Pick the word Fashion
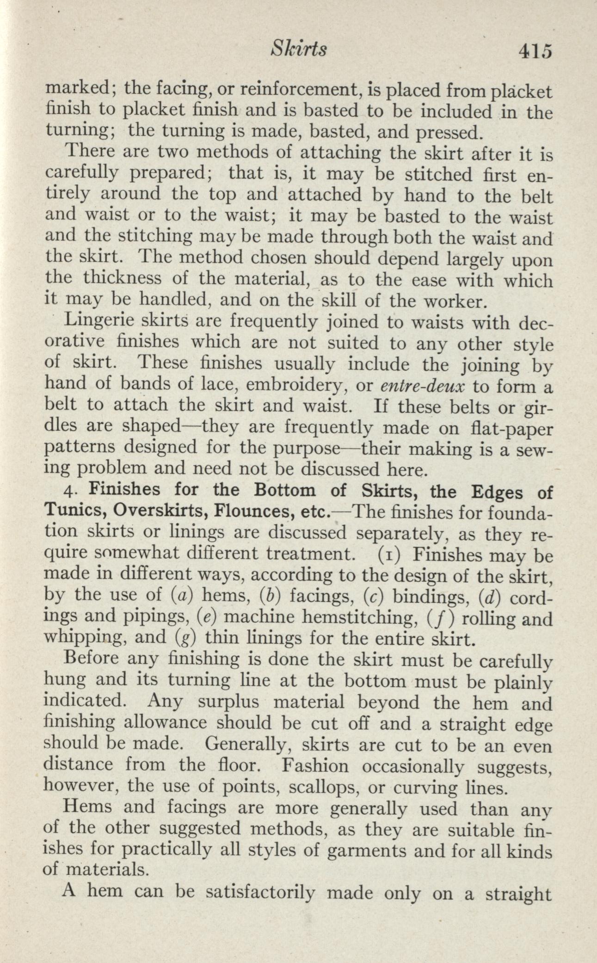point(314,766)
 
